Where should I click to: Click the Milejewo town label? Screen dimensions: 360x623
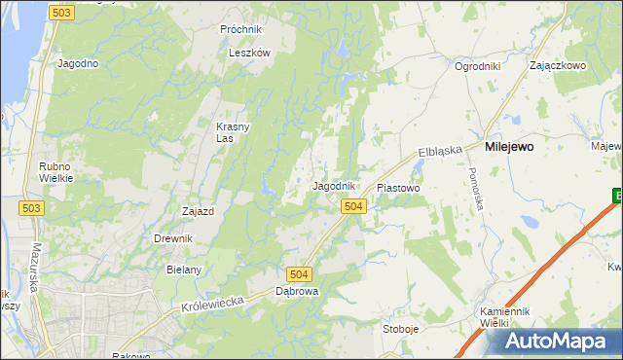pyautogui.click(x=508, y=147)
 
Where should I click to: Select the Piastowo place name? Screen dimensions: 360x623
pyautogui.click(x=397, y=188)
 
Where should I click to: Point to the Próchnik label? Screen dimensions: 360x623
pyautogui.click(x=241, y=30)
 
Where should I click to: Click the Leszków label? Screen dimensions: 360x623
pyautogui.click(x=248, y=54)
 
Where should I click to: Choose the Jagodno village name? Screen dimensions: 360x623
pyautogui.click(x=79, y=64)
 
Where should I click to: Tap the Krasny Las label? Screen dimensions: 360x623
pyautogui.click(x=232, y=131)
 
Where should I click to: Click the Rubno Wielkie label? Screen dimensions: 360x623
pyautogui.click(x=54, y=172)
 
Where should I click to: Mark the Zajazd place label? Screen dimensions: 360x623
pyautogui.click(x=199, y=211)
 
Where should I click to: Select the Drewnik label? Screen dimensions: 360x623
pyautogui.click(x=173, y=238)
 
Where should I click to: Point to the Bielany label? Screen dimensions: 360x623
pyautogui.click(x=183, y=270)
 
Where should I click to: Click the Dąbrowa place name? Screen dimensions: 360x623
pyautogui.click(x=297, y=291)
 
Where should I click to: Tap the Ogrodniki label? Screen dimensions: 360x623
pyautogui.click(x=477, y=67)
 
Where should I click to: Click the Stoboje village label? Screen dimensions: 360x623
pyautogui.click(x=401, y=329)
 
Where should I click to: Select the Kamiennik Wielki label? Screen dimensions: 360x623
pyautogui.click(x=503, y=317)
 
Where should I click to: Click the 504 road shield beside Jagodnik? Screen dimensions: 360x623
pyautogui.click(x=353, y=206)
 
